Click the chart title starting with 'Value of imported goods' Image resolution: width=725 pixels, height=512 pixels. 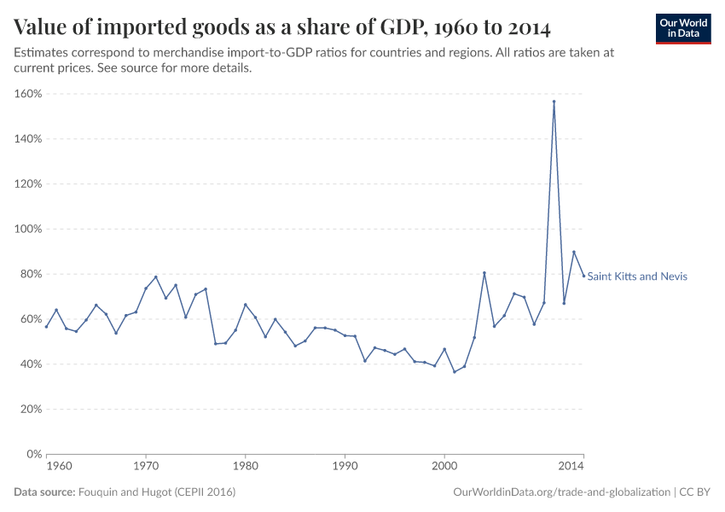click(x=282, y=27)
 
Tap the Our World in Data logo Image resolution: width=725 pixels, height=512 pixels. click(x=682, y=28)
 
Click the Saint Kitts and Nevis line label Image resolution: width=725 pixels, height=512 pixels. click(x=637, y=276)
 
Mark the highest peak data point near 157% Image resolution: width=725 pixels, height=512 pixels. click(x=554, y=102)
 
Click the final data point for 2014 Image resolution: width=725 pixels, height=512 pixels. click(x=583, y=276)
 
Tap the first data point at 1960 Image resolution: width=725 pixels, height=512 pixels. click(x=47, y=327)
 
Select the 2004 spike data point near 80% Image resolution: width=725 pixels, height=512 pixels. click(x=484, y=273)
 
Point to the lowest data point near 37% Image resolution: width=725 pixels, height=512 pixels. click(x=455, y=372)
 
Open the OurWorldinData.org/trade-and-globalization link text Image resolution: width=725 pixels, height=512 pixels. click(x=562, y=492)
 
